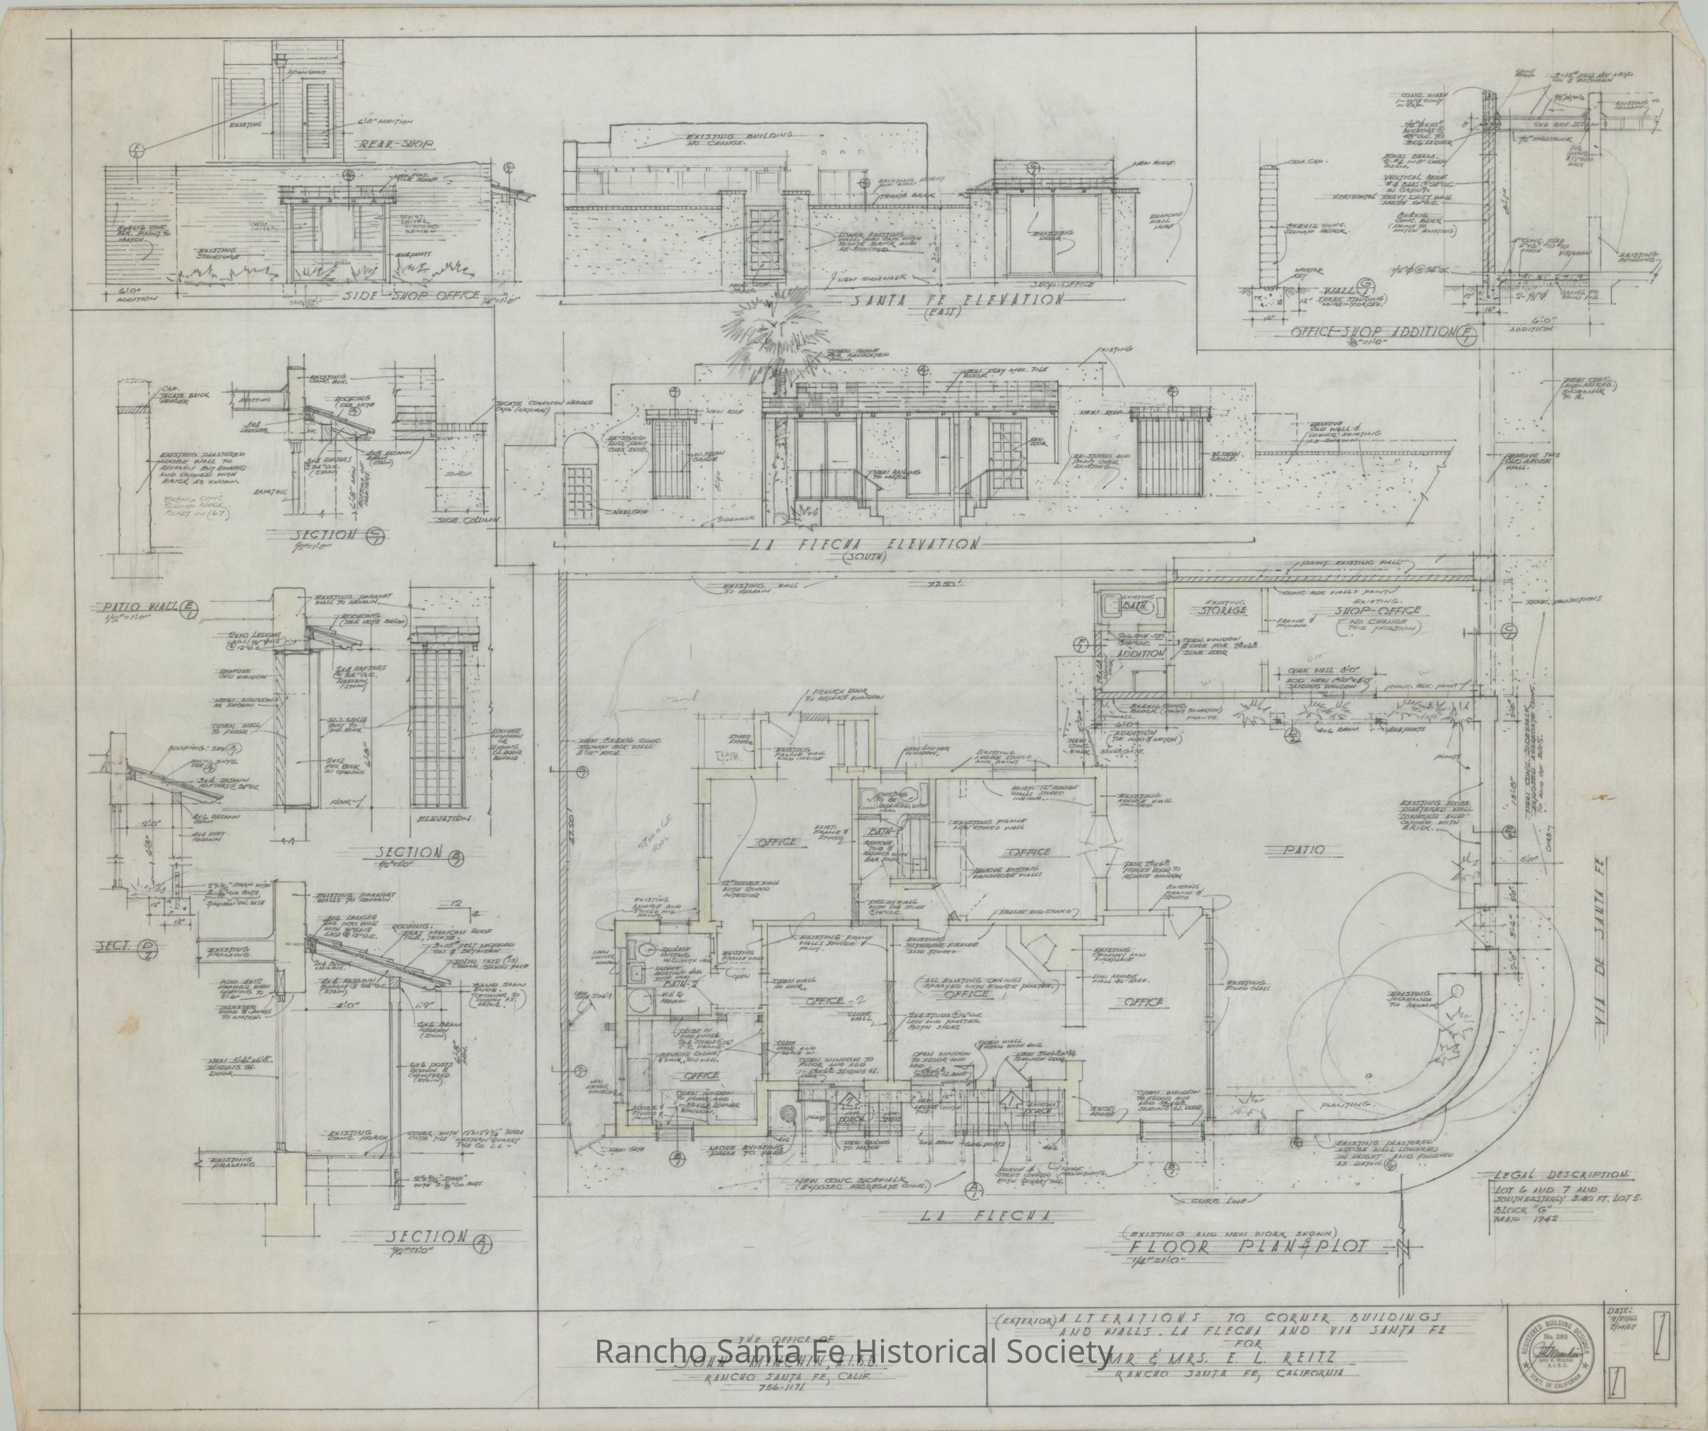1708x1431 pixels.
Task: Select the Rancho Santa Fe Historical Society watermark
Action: [853, 1352]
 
